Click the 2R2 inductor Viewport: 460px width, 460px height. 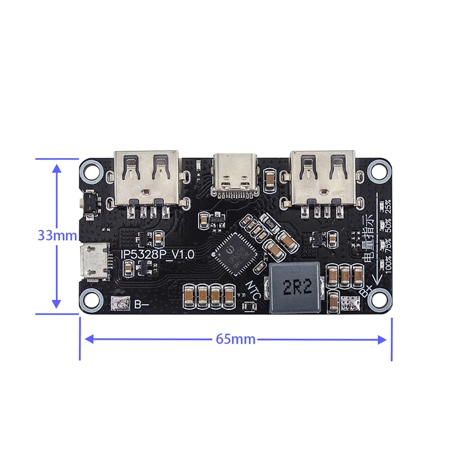coord(292,288)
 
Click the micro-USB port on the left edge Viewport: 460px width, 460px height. coord(94,261)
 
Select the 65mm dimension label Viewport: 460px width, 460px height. coord(236,339)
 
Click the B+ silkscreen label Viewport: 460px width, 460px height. coord(366,291)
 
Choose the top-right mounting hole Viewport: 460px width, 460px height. coord(379,171)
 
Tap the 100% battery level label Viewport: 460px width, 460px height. coord(389,266)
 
